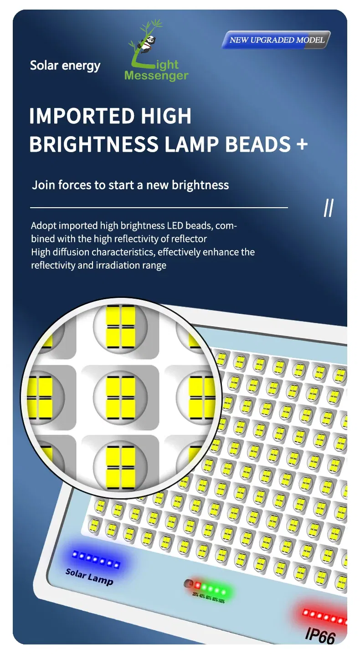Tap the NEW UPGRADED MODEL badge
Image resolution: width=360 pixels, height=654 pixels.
pos(277,40)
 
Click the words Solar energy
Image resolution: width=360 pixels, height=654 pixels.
pos(65,66)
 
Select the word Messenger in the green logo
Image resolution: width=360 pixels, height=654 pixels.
pos(156,76)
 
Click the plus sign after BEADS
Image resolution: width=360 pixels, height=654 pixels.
pos(302,144)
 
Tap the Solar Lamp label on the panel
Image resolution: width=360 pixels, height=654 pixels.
pos(89,576)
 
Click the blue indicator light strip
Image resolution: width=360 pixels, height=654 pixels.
pos(96,559)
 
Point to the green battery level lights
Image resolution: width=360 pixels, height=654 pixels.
pos(214,587)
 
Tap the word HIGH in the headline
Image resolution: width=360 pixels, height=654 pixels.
pos(166,116)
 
